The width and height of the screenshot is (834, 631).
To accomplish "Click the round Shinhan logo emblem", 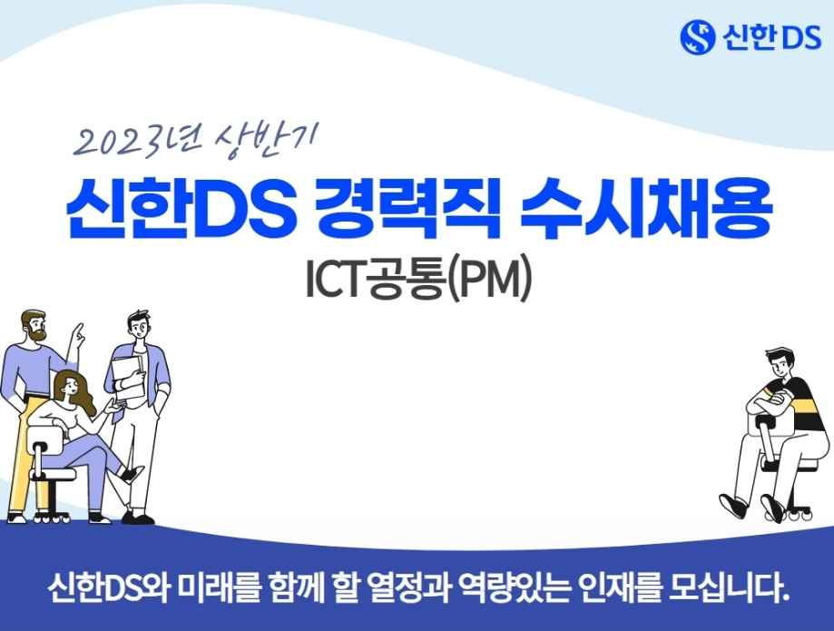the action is (697, 36).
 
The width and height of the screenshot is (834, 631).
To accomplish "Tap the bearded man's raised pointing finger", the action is (79, 330).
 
